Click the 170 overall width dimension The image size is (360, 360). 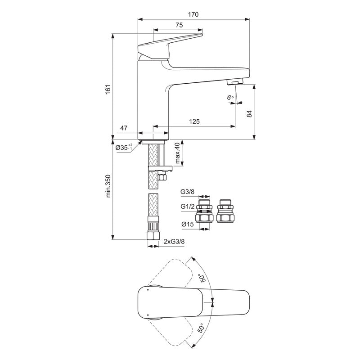[x=193, y=14]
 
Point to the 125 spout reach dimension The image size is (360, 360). [x=194, y=121]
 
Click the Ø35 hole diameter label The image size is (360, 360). [x=123, y=148]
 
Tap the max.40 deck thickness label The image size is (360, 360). [x=177, y=153]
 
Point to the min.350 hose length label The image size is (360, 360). [x=108, y=185]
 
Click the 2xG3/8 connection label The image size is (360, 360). [x=175, y=241]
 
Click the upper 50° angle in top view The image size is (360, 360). [x=204, y=275]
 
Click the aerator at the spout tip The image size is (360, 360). [x=234, y=82]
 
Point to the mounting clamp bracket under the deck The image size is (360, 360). [x=160, y=169]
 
